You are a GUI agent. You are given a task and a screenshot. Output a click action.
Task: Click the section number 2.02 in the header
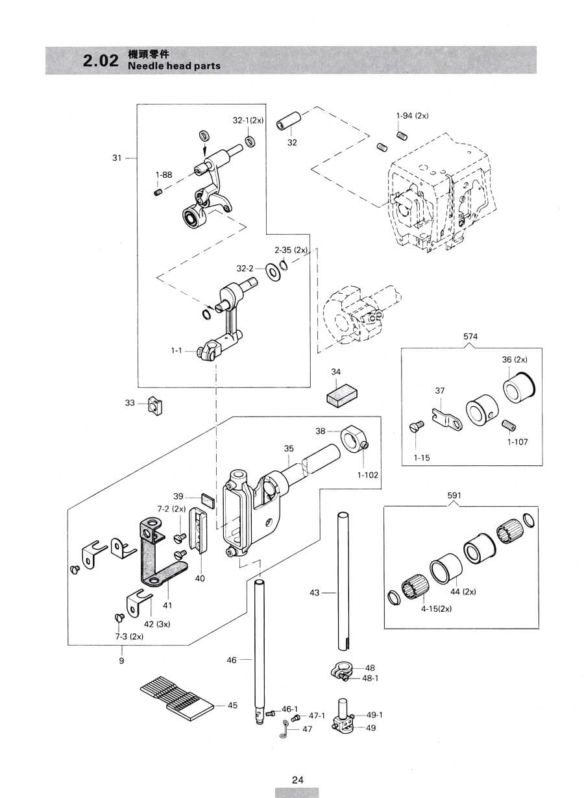[x=101, y=60]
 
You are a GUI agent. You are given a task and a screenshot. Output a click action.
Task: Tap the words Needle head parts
[x=174, y=66]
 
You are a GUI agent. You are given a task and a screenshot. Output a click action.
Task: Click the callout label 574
[x=470, y=336]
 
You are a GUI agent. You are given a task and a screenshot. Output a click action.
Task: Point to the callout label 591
[x=454, y=495]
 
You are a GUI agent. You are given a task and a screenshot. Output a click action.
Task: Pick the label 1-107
[x=517, y=442]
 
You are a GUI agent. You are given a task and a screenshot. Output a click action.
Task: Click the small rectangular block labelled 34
[x=342, y=395]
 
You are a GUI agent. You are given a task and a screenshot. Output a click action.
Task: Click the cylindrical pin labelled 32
[x=289, y=121]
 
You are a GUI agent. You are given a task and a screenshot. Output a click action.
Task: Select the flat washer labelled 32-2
[x=273, y=272]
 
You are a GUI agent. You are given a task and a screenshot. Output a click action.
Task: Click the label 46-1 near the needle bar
[x=289, y=709]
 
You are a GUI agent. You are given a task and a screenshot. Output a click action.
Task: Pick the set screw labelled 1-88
[x=158, y=193]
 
